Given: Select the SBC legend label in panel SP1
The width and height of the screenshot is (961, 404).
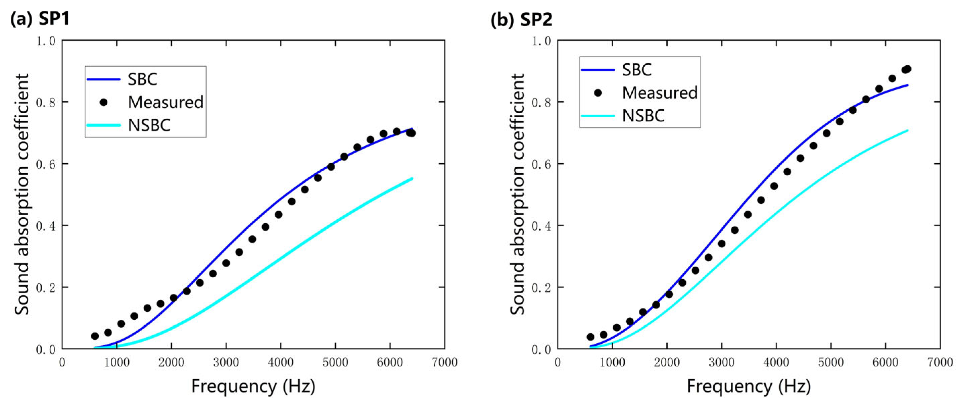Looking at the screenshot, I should click(143, 79).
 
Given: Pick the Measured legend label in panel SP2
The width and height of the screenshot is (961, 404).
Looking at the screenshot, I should click(660, 93).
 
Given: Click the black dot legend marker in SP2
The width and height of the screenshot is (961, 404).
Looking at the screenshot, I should click(597, 93).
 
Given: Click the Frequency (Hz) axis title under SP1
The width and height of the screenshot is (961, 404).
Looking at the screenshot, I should click(253, 386).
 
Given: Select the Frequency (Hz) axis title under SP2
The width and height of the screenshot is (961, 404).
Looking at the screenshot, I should click(749, 386).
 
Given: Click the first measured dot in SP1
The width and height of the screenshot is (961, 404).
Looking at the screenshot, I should click(95, 336).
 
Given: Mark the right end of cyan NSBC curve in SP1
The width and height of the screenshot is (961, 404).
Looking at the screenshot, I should click(412, 178).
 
